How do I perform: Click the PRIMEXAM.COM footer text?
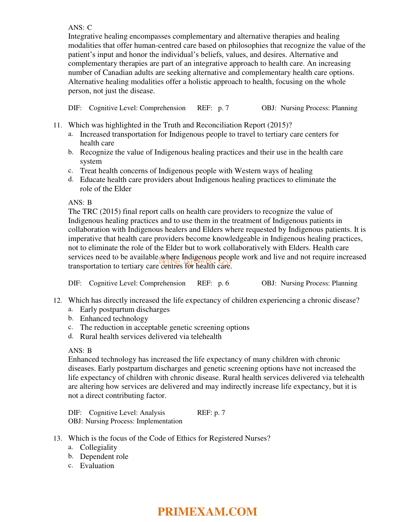(207, 511)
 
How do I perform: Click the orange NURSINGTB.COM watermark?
(195, 261)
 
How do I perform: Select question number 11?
(58, 125)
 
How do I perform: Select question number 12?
(58, 300)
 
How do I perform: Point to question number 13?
(58, 438)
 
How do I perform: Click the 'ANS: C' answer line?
(80, 27)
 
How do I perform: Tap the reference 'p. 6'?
(224, 283)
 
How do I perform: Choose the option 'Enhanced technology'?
(114, 319)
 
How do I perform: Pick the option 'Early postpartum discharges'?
(125, 309)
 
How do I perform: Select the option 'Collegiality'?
(99, 447)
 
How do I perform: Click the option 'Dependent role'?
(104, 457)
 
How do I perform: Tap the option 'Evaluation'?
(97, 466)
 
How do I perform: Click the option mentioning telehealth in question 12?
(151, 337)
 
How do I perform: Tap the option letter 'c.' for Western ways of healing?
(71, 170)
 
